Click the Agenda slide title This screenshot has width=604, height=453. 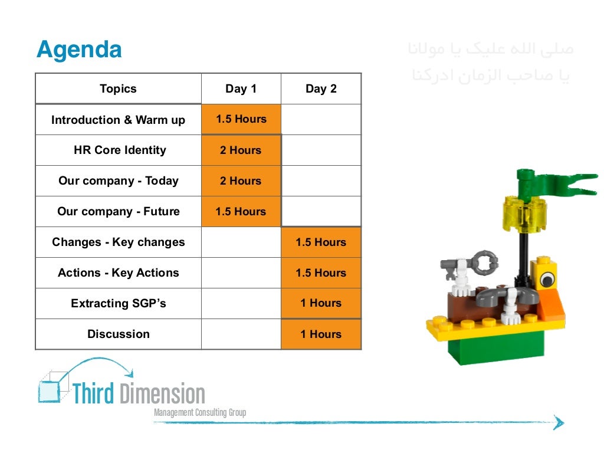(79, 50)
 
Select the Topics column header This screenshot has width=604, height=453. (118, 89)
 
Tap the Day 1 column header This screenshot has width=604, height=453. (241, 89)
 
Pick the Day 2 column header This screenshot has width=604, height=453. (321, 89)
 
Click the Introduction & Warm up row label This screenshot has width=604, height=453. (118, 120)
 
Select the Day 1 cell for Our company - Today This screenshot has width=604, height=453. (241, 181)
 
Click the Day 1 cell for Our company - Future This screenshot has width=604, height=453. (241, 212)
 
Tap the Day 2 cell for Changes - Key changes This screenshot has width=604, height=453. (321, 242)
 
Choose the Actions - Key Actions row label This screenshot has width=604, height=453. (118, 273)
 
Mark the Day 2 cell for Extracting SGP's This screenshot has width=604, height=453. (321, 304)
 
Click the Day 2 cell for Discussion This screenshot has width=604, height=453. (321, 334)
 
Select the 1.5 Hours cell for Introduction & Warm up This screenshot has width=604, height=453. (241, 119)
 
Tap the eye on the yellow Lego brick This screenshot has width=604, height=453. (547, 277)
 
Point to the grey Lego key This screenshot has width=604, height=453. (472, 263)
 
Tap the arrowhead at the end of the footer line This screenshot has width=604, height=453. (558, 422)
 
